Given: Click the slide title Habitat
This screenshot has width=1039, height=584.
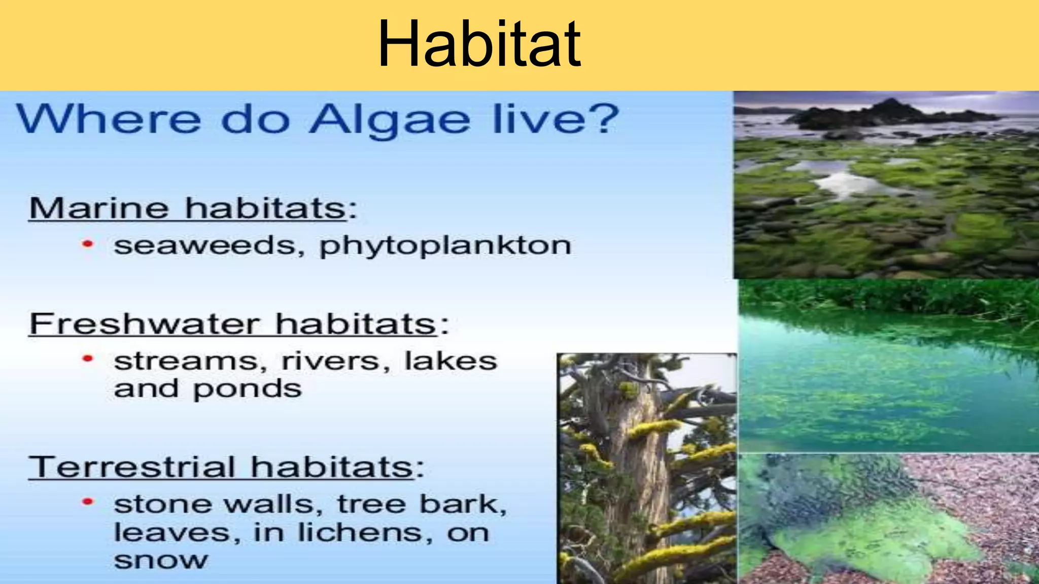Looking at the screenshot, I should (479, 44).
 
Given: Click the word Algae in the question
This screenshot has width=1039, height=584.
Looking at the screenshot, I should (390, 120).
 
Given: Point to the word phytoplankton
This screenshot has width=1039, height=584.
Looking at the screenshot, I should (445, 246).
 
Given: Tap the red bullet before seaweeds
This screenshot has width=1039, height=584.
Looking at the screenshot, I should (88, 244).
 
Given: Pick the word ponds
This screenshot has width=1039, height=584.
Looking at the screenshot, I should (247, 389).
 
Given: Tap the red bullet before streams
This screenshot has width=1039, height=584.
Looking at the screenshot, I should (88, 359).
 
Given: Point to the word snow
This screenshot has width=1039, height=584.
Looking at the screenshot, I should (161, 560).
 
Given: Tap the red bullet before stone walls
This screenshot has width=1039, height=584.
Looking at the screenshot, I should (88, 502).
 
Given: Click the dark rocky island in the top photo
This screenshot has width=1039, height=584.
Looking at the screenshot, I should (883, 115).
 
